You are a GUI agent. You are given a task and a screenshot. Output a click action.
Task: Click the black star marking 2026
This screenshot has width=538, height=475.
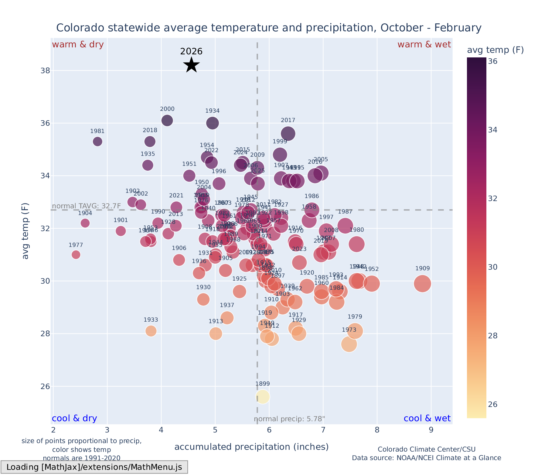pyautogui.click(x=191, y=65)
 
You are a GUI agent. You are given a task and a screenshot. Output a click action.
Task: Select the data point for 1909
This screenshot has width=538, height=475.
pyautogui.click(x=422, y=283)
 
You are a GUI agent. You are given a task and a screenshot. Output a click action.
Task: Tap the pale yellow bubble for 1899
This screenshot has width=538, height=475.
pyautogui.click(x=263, y=397)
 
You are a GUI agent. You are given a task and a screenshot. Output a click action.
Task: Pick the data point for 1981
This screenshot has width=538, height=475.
pyautogui.click(x=97, y=142)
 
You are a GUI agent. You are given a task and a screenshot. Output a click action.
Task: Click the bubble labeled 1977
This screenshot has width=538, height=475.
pyautogui.click(x=76, y=255)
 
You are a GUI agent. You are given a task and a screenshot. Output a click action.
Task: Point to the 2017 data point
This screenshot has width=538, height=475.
pyautogui.click(x=288, y=134)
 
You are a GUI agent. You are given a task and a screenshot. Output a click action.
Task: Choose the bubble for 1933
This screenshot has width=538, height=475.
pyautogui.click(x=151, y=331)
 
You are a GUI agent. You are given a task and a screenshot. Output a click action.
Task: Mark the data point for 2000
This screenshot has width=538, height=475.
pyautogui.click(x=167, y=120)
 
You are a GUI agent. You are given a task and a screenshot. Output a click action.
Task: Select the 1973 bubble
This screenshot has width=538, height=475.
pyautogui.click(x=349, y=344)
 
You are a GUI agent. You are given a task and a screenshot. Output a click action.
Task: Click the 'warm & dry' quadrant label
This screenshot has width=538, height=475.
pyautogui.click(x=78, y=45)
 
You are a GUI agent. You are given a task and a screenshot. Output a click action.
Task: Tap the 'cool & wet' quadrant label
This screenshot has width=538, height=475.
pyautogui.click(x=427, y=419)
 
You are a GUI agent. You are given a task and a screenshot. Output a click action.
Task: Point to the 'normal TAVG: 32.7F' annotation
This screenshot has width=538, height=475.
pyautogui.click(x=87, y=206)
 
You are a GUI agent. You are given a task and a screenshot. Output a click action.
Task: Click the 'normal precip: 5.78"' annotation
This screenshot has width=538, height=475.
pyautogui.click(x=289, y=419)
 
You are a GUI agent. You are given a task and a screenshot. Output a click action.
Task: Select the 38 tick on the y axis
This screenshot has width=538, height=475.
pyautogui.click(x=46, y=71)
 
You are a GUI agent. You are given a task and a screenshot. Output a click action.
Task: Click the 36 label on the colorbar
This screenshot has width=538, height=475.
pyautogui.click(x=492, y=61)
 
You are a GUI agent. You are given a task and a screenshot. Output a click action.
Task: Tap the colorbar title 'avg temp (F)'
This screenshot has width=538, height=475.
pyautogui.click(x=495, y=50)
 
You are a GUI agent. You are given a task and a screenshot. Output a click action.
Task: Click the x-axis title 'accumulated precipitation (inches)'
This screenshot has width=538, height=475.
pyautogui.click(x=251, y=447)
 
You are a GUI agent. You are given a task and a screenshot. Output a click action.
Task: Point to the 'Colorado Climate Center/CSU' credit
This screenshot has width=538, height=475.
pyautogui.click(x=426, y=449)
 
